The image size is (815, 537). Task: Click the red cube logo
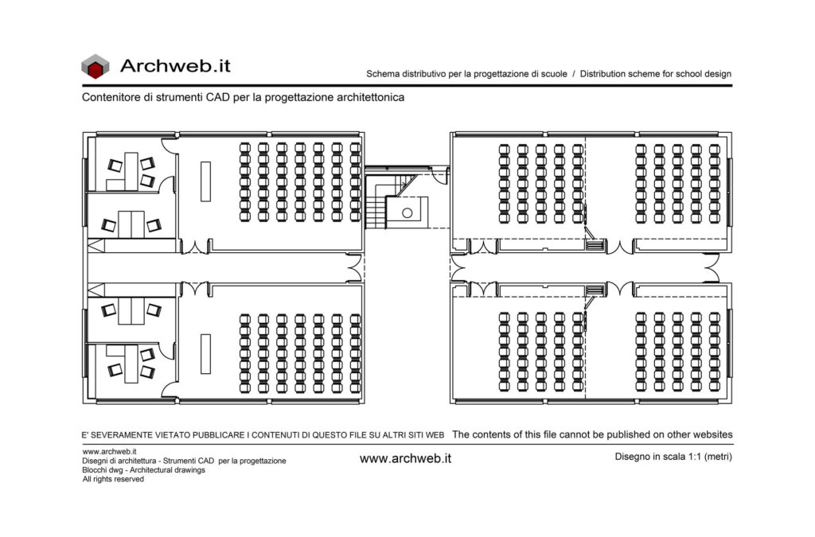pyautogui.click(x=96, y=67)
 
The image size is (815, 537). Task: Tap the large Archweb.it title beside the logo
pyautogui.click(x=175, y=66)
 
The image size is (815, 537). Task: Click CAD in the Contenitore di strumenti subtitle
pyautogui.click(x=217, y=97)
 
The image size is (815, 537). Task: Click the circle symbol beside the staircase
pyautogui.click(x=407, y=213)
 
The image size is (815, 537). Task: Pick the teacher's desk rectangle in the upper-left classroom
pyautogui.click(x=206, y=181)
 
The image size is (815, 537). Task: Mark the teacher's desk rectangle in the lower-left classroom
pyautogui.click(x=206, y=354)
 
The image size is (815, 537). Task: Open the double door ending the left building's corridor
pyautogui.click(x=354, y=269)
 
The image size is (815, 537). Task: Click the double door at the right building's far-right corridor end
pyautogui.click(x=712, y=269)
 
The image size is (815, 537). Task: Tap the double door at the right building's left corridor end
pyautogui.click(x=458, y=269)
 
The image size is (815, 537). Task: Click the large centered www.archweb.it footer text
pyautogui.click(x=405, y=458)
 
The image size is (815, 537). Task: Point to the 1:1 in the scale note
pyautogui.click(x=696, y=457)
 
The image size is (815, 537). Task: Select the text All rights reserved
pyautogui.click(x=113, y=479)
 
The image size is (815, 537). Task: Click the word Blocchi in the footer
pyautogui.click(x=94, y=470)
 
